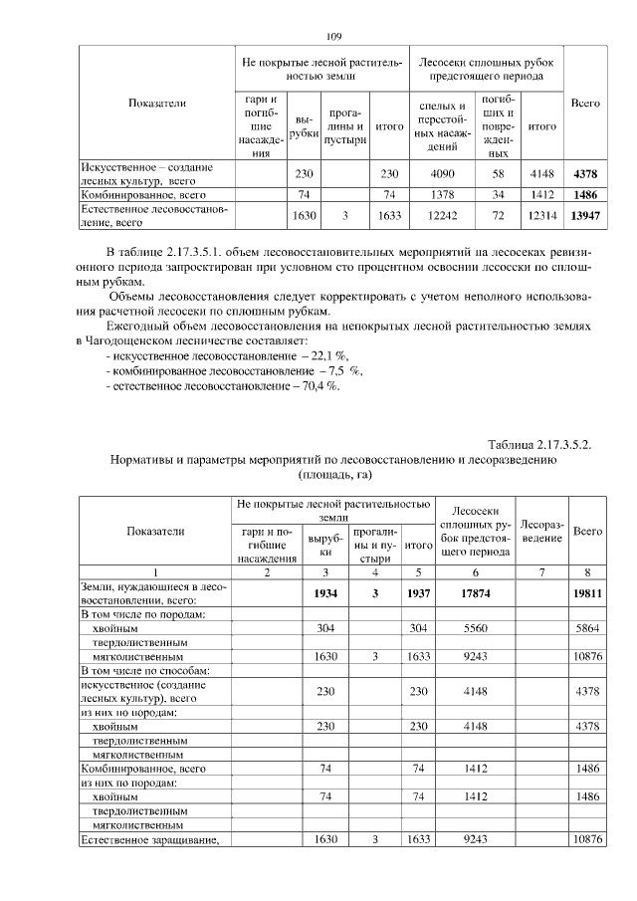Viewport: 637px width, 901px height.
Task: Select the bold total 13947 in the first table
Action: tap(585, 215)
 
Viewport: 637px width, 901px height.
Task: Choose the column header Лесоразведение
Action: tap(542, 531)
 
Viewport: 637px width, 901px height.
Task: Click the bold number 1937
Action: tap(418, 594)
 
